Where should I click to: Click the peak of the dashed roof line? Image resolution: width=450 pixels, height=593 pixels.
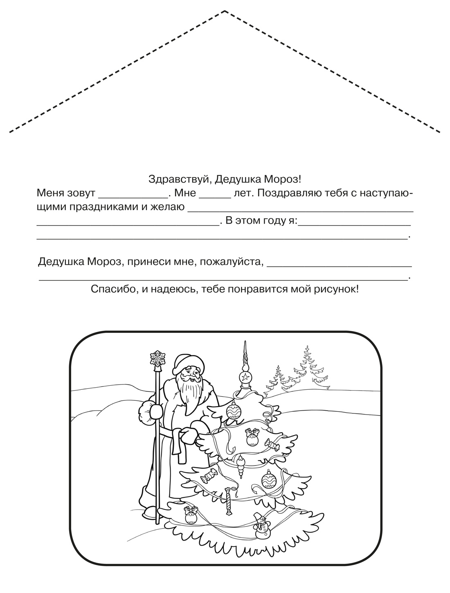point(225,11)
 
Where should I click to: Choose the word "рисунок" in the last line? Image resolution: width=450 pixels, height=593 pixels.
point(337,290)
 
